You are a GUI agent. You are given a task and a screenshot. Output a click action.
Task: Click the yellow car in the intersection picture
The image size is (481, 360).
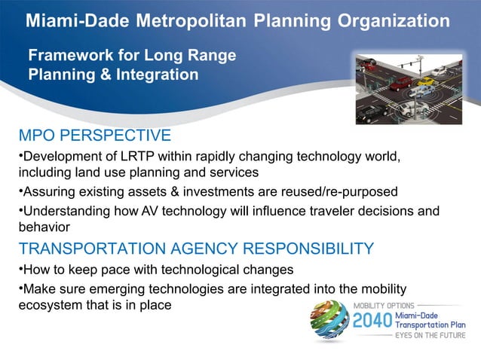pyautogui.click(x=427, y=81)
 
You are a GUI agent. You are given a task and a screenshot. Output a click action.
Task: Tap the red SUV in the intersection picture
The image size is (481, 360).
pyautogui.click(x=401, y=82)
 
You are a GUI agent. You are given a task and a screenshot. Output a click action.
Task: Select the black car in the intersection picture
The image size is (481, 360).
pyautogui.click(x=371, y=114)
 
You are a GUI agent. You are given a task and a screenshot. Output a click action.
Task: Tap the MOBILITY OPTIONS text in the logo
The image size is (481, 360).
pyautogui.click(x=384, y=305)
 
